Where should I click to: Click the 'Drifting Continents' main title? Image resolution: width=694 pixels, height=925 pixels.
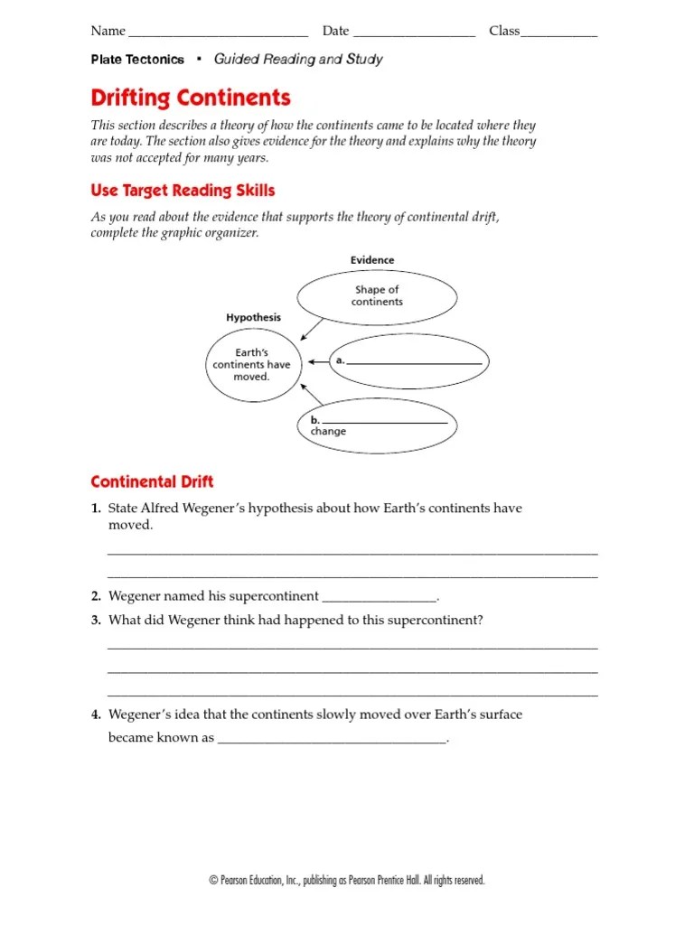(x=191, y=98)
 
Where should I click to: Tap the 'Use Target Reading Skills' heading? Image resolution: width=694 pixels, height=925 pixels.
(x=183, y=191)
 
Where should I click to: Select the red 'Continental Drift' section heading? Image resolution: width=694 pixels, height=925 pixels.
(x=152, y=481)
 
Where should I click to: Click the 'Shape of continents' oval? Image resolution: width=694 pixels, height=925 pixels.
(x=377, y=296)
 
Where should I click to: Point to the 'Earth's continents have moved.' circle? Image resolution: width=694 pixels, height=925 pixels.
(x=251, y=364)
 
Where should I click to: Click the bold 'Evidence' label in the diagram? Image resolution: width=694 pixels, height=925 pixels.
(x=372, y=260)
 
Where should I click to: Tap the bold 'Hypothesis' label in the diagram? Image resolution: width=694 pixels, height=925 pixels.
(x=253, y=318)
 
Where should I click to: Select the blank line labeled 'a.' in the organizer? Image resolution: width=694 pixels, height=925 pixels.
(x=415, y=361)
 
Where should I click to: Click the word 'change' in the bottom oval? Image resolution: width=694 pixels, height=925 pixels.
(x=328, y=432)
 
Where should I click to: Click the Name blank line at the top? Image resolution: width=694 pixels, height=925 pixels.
(x=218, y=34)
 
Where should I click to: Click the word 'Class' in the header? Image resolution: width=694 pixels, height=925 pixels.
(x=504, y=31)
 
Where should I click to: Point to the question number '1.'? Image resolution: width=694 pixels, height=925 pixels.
(x=95, y=509)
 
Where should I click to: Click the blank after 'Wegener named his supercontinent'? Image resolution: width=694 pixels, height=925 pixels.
(x=380, y=598)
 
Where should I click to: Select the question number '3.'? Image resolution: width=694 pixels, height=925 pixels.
(x=95, y=621)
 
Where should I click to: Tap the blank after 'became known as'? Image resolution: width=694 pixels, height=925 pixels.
(x=333, y=741)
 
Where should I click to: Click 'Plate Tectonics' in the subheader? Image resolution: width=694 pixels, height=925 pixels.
(x=137, y=60)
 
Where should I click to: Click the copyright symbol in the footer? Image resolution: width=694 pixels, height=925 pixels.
(x=212, y=881)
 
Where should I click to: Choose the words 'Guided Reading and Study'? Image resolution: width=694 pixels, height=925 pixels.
(x=298, y=60)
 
